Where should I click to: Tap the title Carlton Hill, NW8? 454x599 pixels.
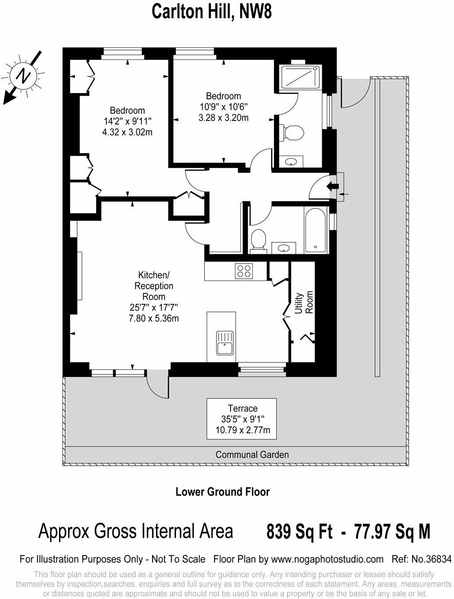coord(211,12)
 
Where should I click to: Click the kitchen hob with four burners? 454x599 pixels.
coord(243,270)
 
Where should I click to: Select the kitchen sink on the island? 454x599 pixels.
coord(225,343)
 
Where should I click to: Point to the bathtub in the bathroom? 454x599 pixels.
coord(316,230)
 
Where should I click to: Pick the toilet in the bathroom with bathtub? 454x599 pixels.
coord(258,240)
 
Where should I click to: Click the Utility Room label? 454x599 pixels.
coord(304,303)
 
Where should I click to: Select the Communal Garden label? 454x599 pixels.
coord(252,455)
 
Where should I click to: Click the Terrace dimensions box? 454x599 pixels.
coord(242,419)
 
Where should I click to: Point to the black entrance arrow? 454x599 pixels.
coord(332,186)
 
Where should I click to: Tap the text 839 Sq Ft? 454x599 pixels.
coord(299,531)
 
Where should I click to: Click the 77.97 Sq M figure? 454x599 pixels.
coord(391,531)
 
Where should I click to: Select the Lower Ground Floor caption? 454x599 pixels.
coord(223,492)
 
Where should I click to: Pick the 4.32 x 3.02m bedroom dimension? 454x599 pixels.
coord(127,132)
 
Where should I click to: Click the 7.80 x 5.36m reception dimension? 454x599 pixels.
coord(153,318)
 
